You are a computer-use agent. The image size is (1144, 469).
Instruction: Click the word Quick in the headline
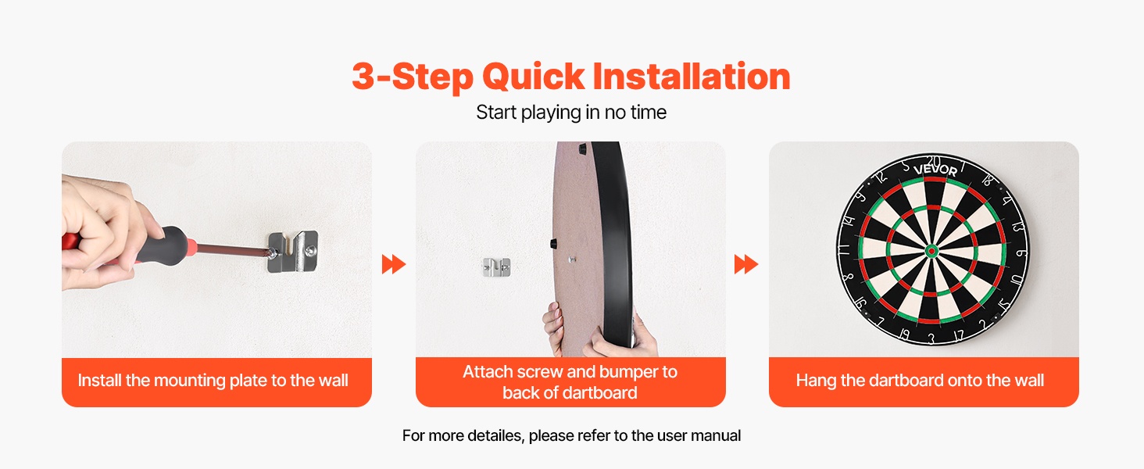[533, 77]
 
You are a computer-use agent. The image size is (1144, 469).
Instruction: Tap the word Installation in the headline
[692, 76]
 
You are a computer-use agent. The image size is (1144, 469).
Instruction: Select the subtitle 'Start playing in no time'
[571, 113]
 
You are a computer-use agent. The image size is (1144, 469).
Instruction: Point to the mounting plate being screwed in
[293, 252]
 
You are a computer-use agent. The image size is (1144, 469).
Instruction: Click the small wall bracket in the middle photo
[496, 267]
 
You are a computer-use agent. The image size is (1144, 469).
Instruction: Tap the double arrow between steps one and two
[394, 264]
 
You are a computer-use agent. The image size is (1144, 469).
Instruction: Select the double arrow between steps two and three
[746, 264]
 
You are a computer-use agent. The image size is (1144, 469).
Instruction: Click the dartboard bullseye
[931, 251]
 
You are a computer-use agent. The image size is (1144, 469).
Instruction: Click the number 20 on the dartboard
[933, 161]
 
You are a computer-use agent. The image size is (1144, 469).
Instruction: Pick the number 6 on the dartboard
[1019, 253]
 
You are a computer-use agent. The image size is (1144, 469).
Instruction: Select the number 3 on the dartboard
[931, 338]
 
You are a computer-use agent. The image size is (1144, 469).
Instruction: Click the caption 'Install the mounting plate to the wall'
[213, 381]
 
